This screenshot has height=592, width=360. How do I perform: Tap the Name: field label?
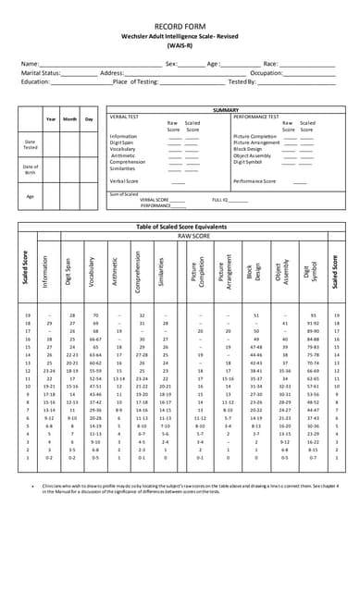point(31,63)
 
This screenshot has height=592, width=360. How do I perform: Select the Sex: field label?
point(171,63)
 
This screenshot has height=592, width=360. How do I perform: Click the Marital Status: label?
point(41,72)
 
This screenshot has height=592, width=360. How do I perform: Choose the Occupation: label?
point(267,72)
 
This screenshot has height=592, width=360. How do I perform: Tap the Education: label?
point(35,81)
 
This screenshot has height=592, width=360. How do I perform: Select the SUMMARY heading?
point(226,110)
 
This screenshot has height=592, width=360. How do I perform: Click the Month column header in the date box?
point(70,118)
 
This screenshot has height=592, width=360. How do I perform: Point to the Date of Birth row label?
point(31,169)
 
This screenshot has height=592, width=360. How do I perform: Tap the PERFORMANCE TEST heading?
point(255,117)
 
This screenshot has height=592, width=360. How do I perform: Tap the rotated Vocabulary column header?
point(93,269)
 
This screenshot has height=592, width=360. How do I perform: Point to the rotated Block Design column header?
point(250,269)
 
